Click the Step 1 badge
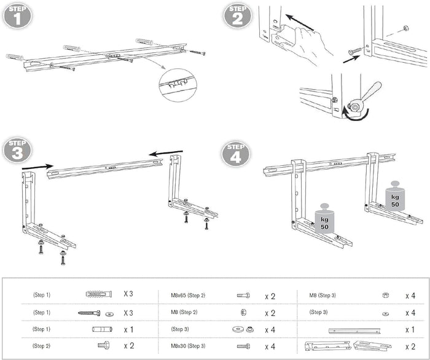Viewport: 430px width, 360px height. pyautogui.click(x=18, y=15)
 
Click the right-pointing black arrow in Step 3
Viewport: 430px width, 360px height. pyautogui.click(x=37, y=165)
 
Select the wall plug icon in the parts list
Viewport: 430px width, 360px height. pyautogui.click(x=96, y=295)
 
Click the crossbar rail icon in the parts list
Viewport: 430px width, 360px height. pyautogui.click(x=357, y=330)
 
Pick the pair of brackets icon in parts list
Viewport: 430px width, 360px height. pyautogui.click(x=348, y=346)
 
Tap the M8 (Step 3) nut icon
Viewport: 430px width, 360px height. pyautogui.click(x=385, y=295)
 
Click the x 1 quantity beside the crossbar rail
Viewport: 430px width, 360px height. pyautogui.click(x=410, y=329)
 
